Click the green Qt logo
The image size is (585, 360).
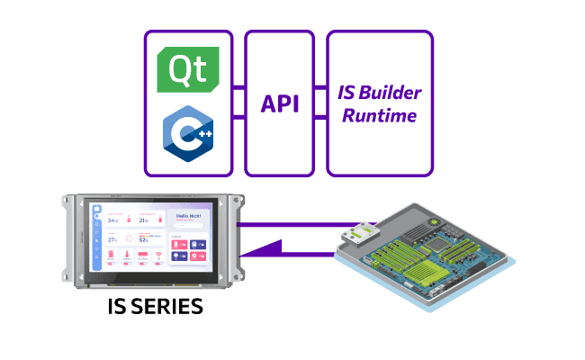(x=189, y=69)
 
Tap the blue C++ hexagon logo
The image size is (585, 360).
(x=188, y=135)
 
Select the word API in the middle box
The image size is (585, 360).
(x=280, y=103)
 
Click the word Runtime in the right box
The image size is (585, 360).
(x=379, y=115)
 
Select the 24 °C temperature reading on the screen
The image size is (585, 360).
(x=113, y=219)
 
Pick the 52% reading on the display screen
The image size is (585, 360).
(x=142, y=239)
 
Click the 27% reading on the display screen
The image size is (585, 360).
(x=113, y=239)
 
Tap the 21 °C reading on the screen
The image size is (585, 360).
(x=142, y=219)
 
